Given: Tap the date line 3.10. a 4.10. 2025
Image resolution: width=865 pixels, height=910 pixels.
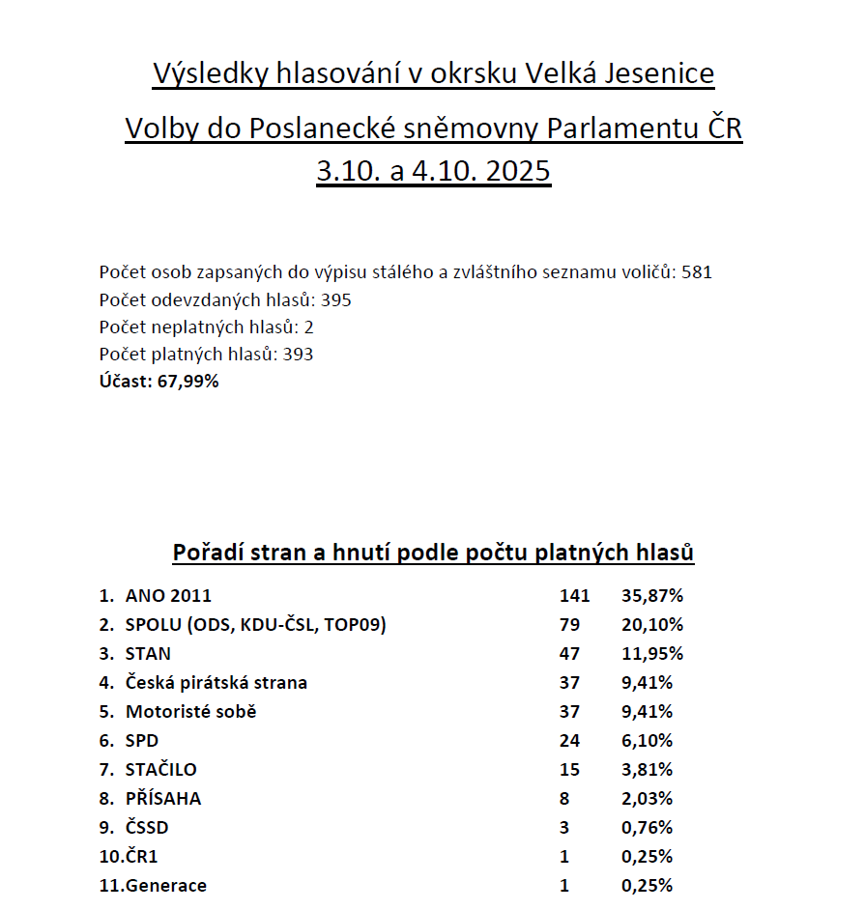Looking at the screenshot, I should tap(433, 172).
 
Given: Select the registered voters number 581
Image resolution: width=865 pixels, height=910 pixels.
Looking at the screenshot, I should tap(697, 272).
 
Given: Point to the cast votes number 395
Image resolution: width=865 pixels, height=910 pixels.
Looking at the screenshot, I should tap(336, 299).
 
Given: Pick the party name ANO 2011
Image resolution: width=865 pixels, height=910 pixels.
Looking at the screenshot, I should tap(168, 596).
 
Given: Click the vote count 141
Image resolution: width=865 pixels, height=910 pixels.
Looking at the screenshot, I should tap(574, 596).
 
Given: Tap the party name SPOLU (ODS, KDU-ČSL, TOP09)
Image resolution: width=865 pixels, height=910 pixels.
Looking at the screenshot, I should tap(255, 625).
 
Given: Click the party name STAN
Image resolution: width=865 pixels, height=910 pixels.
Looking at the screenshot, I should tap(148, 654).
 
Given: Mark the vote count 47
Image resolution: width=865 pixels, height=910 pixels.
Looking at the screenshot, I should tap(569, 654).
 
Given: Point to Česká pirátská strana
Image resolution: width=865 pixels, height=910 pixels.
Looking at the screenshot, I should tap(216, 683).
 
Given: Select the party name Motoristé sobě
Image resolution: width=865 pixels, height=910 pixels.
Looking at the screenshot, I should tap(191, 712).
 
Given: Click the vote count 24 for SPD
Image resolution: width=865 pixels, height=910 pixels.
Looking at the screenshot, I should tap(569, 741).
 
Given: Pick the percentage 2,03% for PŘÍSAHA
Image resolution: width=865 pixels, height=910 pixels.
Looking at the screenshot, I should tap(647, 799).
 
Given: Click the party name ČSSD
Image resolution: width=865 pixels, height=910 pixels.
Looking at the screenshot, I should tap(153, 828).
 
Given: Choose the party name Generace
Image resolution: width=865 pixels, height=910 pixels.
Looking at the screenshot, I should tap(165, 886).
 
